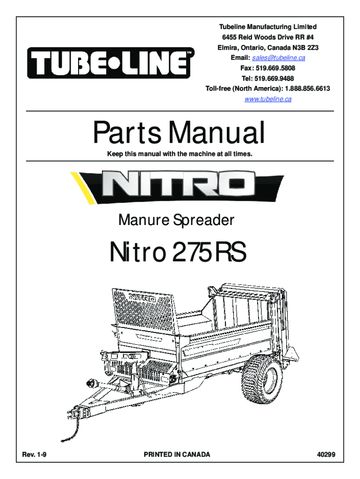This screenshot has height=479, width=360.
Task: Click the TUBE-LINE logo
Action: [x=110, y=63]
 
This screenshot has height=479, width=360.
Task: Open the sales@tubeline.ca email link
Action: [x=279, y=58]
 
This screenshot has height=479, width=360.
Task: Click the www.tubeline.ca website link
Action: [x=268, y=99]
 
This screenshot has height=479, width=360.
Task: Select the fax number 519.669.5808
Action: [x=275, y=68]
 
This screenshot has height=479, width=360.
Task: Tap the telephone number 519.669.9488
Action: [x=274, y=79]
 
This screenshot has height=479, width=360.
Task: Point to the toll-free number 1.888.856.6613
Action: [x=308, y=88]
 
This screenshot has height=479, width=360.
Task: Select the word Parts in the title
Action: [x=127, y=132]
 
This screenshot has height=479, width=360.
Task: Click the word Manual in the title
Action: [x=217, y=132]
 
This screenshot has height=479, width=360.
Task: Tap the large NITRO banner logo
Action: [x=177, y=186]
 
